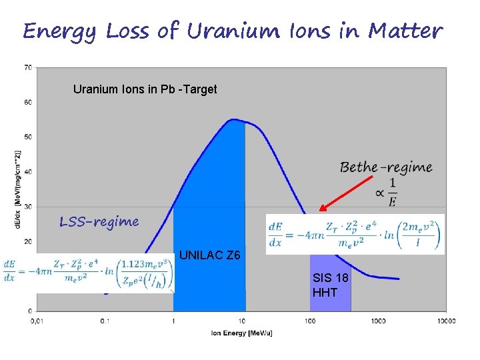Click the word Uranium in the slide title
tap(226, 31)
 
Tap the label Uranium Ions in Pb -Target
tap(145, 89)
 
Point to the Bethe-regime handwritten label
tap(386, 167)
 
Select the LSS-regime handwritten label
tap(99, 221)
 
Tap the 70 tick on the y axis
tap(29, 67)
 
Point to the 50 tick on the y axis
tap(29, 137)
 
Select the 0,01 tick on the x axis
tap(36, 321)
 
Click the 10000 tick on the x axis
tap(446, 321)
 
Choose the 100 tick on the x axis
tap(309, 321)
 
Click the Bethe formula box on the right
tap(355, 234)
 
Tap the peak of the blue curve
tap(233, 120)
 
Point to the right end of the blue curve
tap(399, 279)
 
